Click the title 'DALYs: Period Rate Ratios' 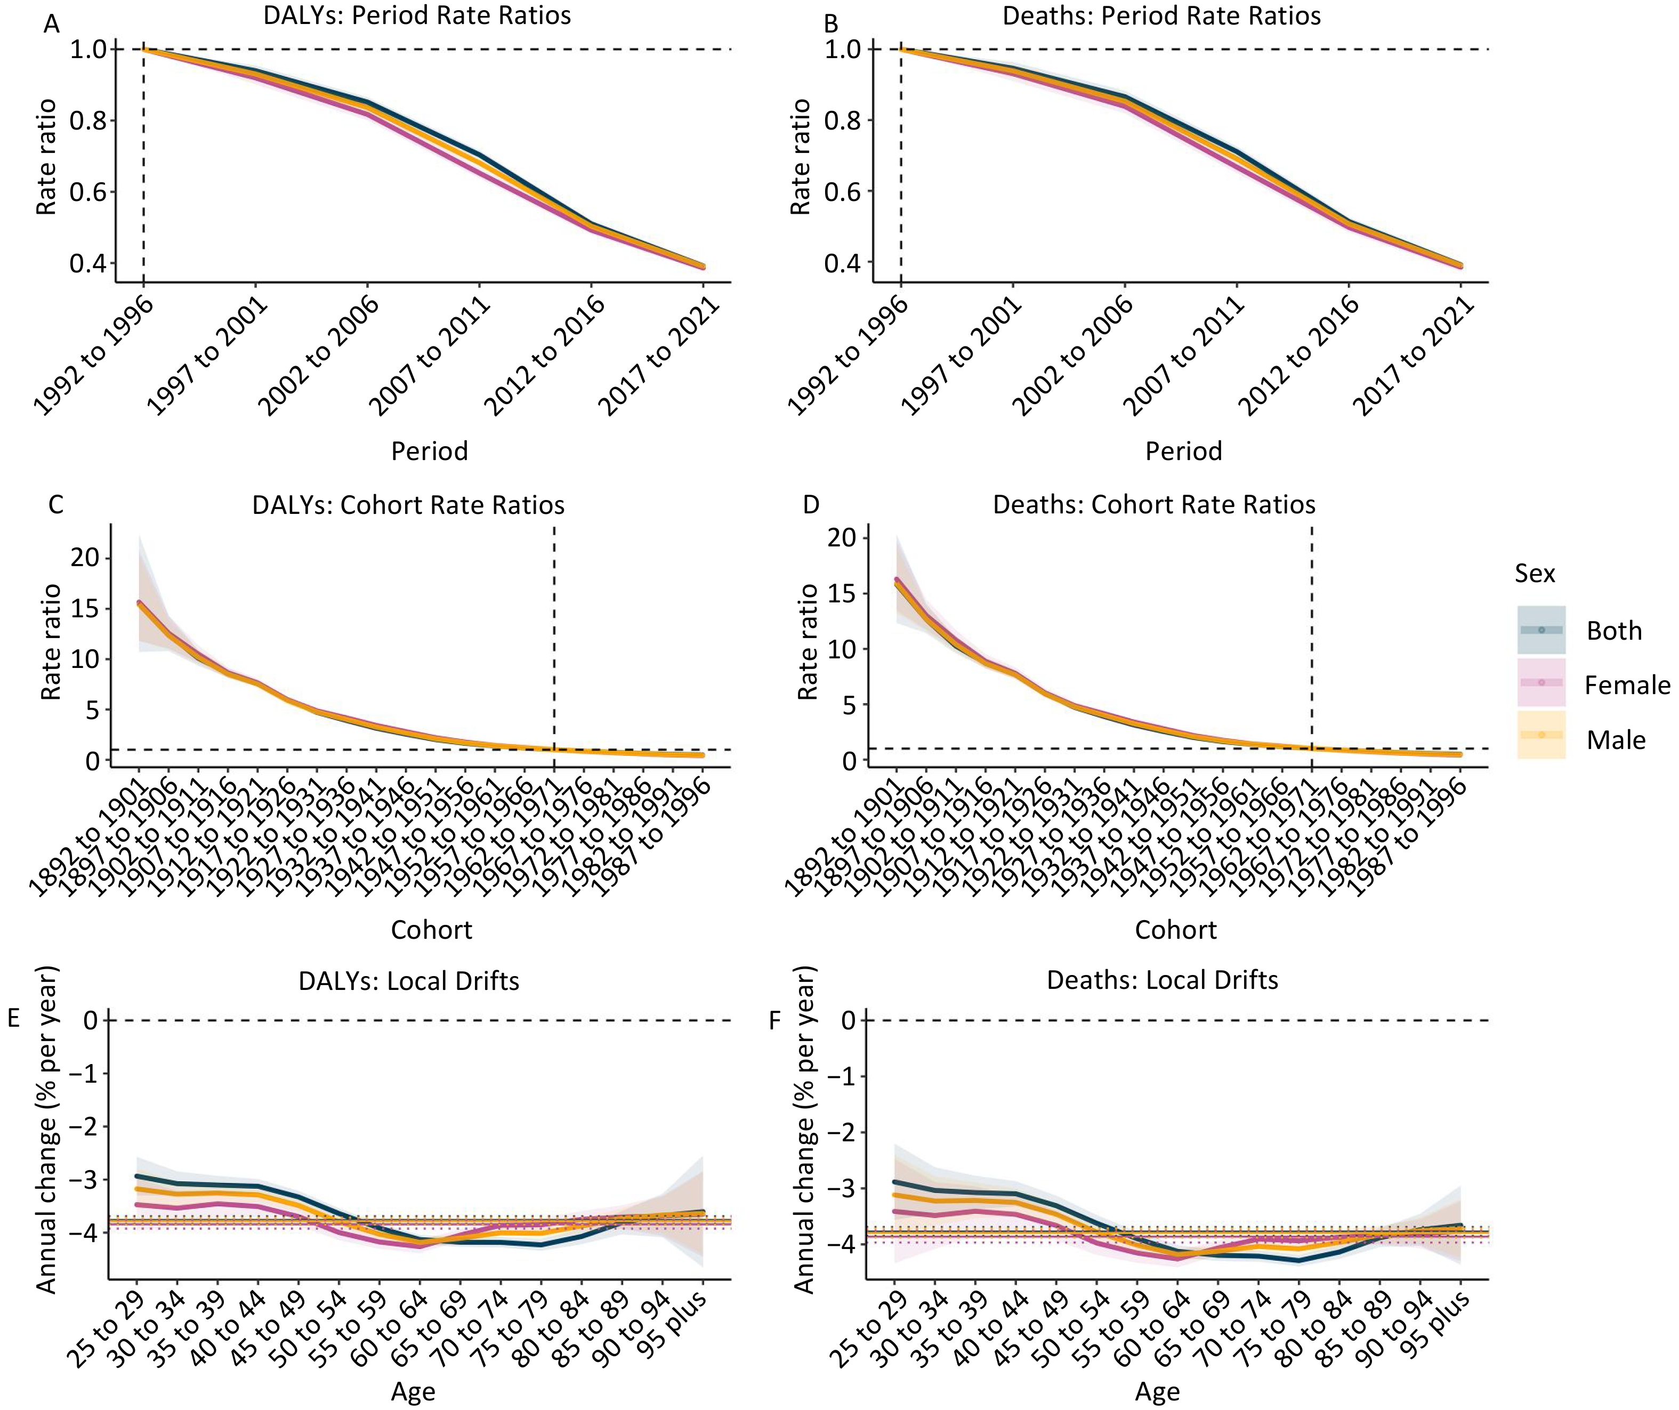tap(417, 16)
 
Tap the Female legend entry tap(1626, 686)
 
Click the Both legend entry tap(1613, 631)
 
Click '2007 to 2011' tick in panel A tap(430, 356)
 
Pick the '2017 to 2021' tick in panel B tap(1414, 356)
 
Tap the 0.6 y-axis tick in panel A tap(88, 192)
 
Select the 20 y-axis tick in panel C tap(85, 558)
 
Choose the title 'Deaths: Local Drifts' tap(1162, 980)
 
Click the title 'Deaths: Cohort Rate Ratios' tap(1153, 505)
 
